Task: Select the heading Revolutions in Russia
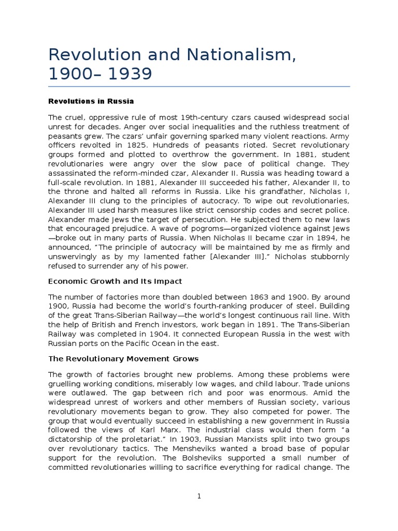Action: click(91, 101)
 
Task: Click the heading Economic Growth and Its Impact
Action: click(115, 281)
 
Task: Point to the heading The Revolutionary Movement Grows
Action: click(123, 358)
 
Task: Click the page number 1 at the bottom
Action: click(199, 496)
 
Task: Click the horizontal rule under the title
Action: click(199, 86)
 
